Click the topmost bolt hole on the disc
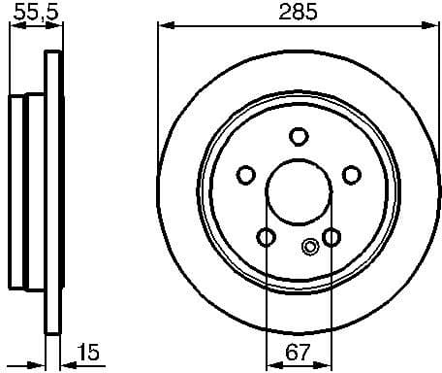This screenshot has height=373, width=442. point(299,136)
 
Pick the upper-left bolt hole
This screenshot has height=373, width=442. point(246,175)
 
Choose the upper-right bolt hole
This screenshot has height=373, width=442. point(352,175)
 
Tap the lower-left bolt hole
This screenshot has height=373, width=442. point(266,236)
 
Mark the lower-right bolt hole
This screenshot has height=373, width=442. point(331,236)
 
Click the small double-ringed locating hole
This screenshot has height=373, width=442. point(310,246)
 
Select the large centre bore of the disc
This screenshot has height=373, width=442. point(299,190)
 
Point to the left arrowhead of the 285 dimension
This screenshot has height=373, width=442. point(164,26)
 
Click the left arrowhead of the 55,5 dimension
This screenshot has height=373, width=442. point(14,26)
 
